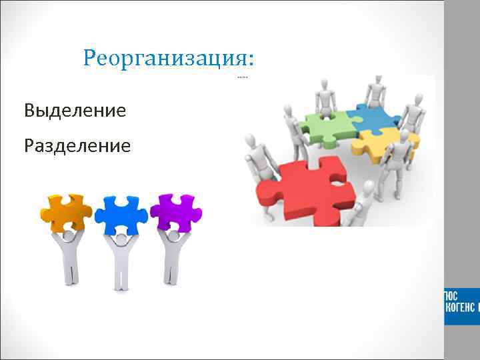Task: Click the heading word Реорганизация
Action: point(165,58)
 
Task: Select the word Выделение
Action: point(75,110)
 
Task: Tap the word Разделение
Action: point(77,145)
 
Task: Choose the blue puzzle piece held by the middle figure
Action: point(120,213)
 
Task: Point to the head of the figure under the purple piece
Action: point(174,235)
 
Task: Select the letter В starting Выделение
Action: point(30,110)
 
